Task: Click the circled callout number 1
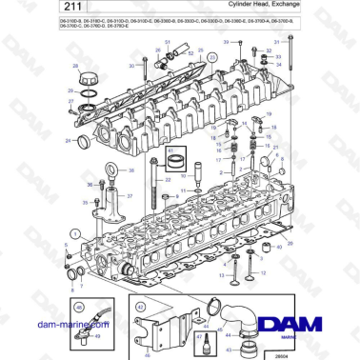click(74, 233)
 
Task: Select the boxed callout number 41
click(171, 150)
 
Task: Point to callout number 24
click(68, 142)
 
